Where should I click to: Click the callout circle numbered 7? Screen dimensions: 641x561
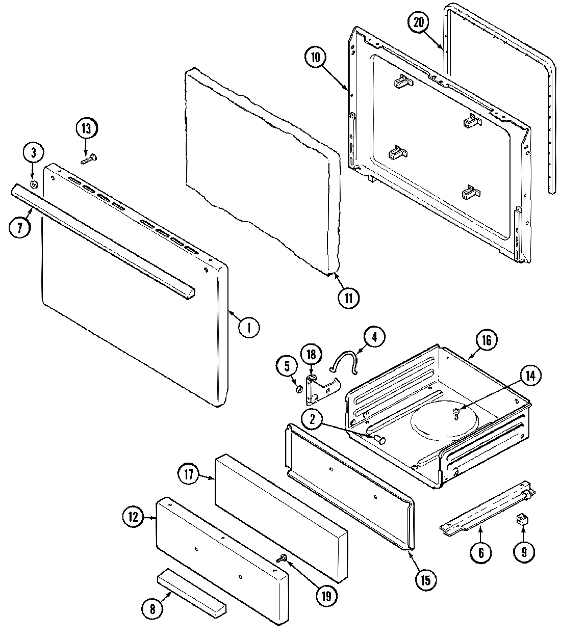click(x=19, y=227)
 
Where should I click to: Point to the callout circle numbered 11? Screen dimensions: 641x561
click(x=348, y=298)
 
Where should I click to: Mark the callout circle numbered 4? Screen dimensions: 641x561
click(x=375, y=337)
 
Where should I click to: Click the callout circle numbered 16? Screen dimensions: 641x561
click(x=486, y=341)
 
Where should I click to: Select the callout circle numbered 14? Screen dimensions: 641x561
click(x=531, y=376)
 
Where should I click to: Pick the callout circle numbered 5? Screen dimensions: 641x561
click(x=287, y=365)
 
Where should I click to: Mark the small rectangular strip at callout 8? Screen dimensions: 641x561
click(x=191, y=592)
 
